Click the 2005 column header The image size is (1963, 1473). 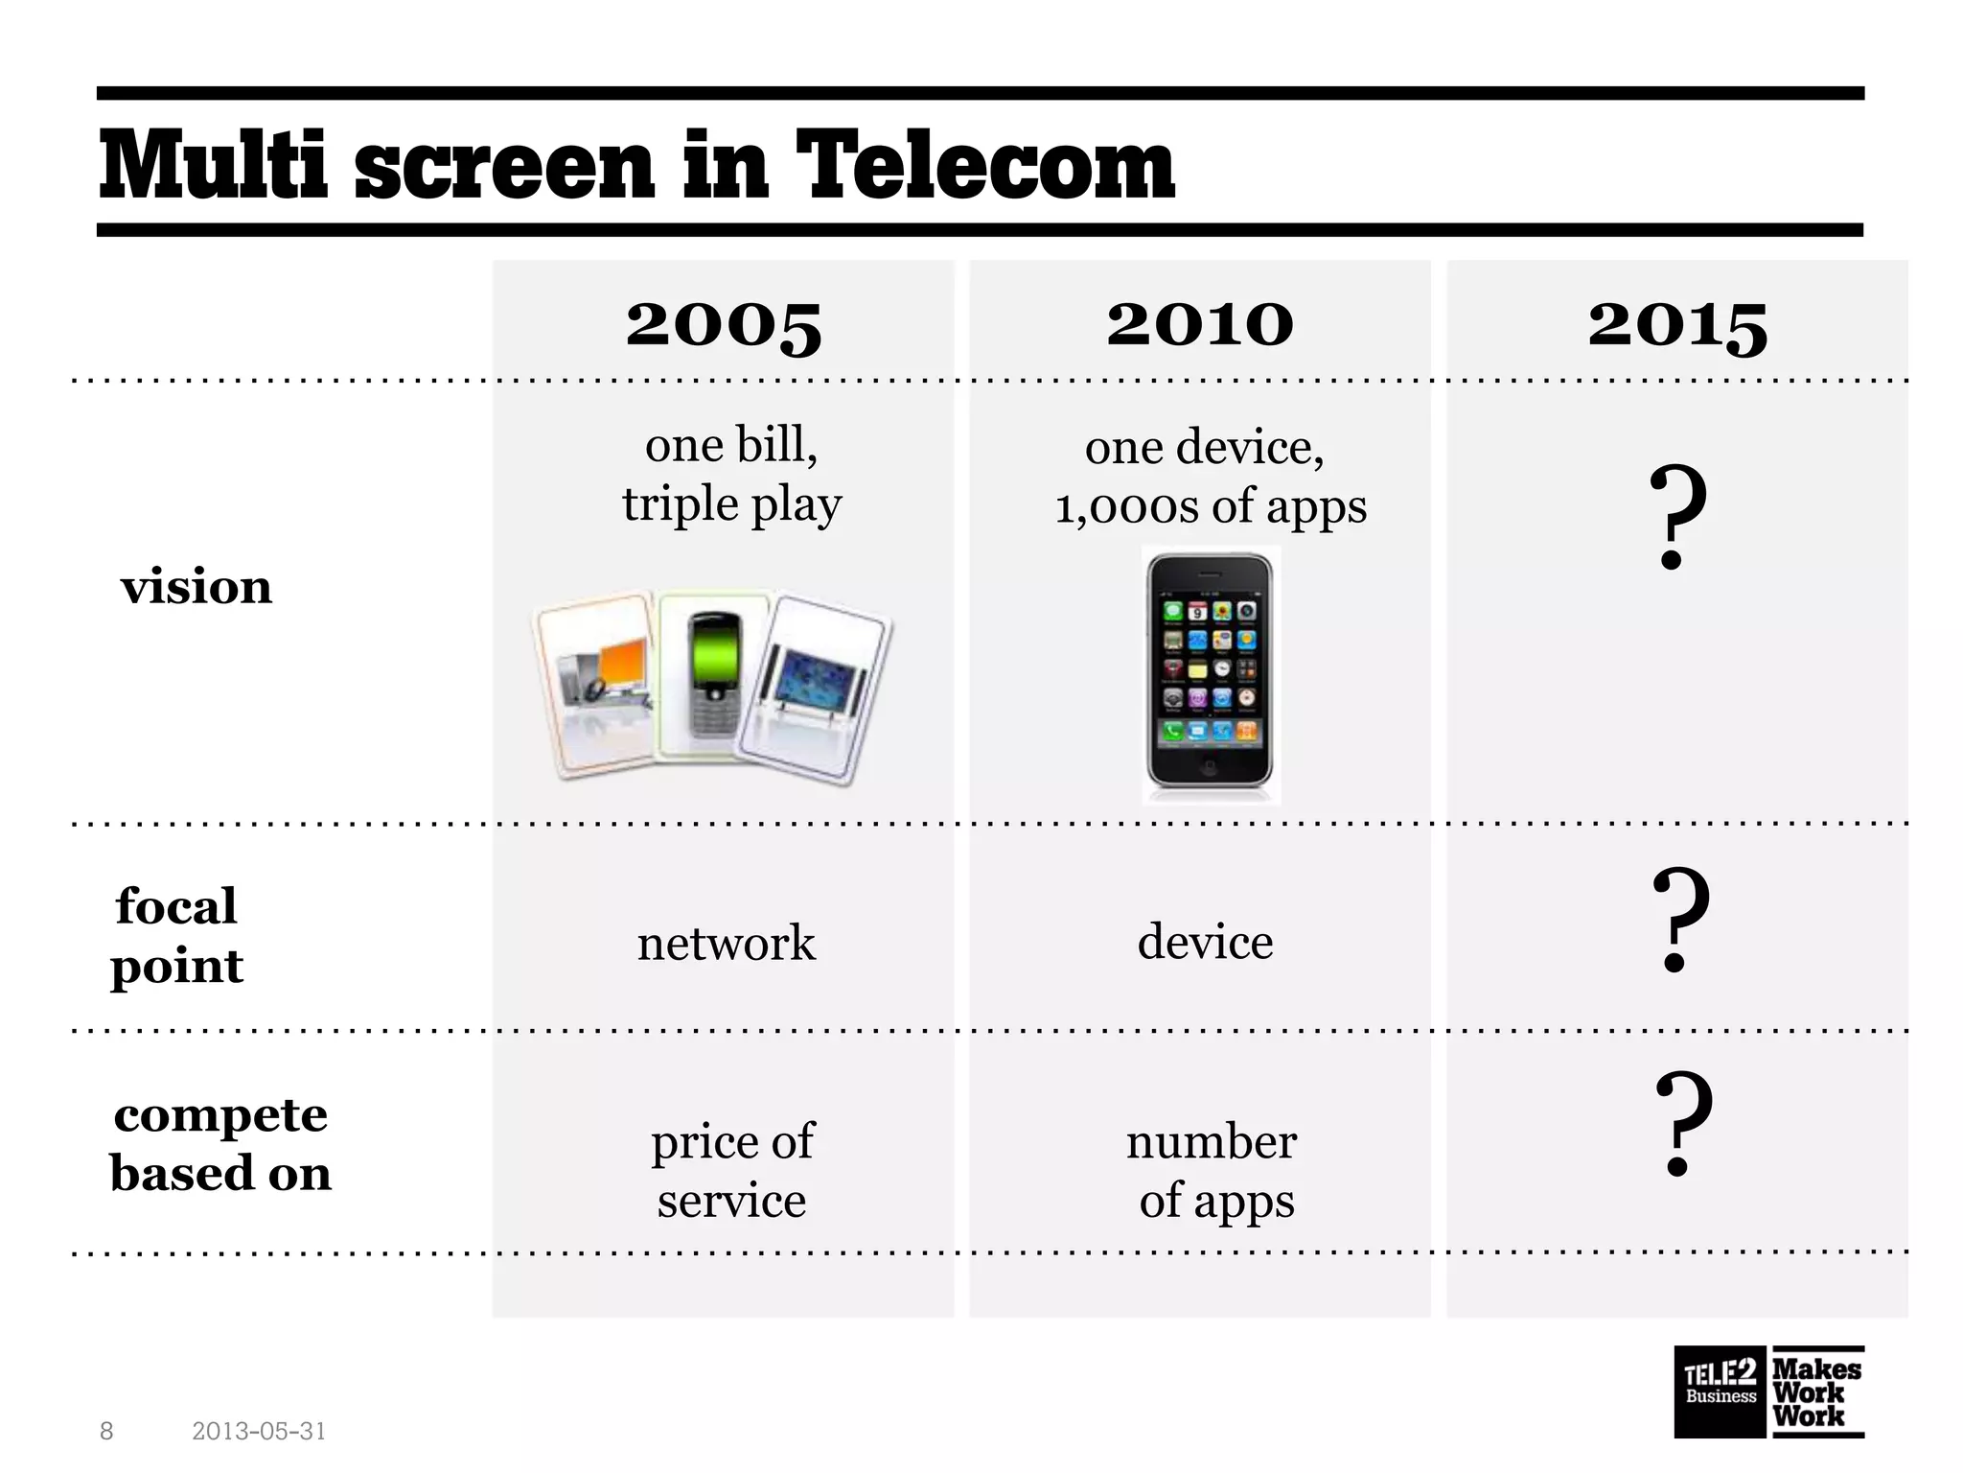click(724, 324)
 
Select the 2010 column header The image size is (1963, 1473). click(1200, 324)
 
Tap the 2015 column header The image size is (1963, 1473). click(1677, 324)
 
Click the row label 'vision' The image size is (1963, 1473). click(196, 587)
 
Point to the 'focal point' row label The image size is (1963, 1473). click(177, 935)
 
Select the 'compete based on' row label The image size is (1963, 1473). click(220, 1143)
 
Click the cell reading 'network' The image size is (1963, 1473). click(726, 943)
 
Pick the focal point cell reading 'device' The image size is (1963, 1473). click(1205, 942)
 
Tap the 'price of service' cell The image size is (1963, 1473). click(732, 1170)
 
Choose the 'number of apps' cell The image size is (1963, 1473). click(1213, 1170)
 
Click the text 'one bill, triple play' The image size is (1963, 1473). click(731, 474)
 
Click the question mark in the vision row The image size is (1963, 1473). click(1676, 518)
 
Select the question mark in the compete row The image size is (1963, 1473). click(1682, 1124)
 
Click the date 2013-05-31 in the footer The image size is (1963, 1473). click(259, 1432)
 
